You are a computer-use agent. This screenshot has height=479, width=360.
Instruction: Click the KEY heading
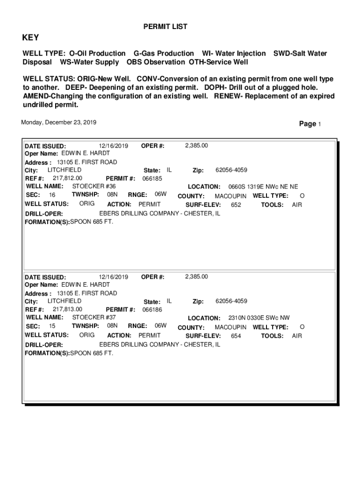(31, 38)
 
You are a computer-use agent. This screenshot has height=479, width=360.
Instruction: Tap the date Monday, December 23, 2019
(59, 123)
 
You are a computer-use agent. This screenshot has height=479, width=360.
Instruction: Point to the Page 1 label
(310, 124)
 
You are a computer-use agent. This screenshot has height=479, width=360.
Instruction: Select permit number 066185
(152, 179)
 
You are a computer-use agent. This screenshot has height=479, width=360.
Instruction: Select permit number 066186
(152, 310)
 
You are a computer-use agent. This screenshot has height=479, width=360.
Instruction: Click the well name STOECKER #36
(94, 186)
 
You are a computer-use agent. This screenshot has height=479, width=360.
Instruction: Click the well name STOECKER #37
(94, 317)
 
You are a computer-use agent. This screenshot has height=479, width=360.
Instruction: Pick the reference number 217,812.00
(67, 178)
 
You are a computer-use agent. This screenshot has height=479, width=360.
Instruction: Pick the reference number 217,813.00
(67, 309)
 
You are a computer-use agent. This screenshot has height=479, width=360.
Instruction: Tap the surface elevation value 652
(236, 205)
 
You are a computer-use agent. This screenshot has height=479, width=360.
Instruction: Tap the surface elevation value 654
(236, 336)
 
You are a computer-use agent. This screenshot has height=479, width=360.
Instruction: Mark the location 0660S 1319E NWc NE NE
(263, 187)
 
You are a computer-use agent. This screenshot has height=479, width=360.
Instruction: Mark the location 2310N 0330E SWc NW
(259, 318)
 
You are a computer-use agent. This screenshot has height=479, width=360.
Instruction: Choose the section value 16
(52, 195)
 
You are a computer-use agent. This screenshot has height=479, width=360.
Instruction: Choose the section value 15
(52, 326)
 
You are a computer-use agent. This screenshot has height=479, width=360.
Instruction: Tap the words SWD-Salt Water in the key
(300, 54)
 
